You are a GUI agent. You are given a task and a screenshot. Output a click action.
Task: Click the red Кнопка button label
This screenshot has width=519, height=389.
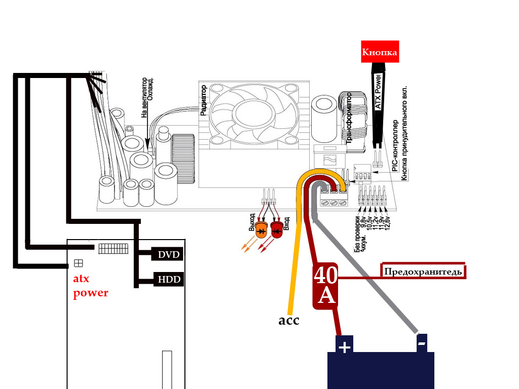point(379,52)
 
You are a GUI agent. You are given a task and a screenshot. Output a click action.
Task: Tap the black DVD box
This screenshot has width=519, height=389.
point(168,254)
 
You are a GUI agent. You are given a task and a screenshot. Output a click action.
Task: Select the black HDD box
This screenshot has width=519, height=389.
point(168,279)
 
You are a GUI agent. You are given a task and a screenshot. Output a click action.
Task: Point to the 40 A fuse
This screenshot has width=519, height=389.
point(325,286)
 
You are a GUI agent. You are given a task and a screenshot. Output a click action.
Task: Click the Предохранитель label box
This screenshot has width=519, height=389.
point(423,271)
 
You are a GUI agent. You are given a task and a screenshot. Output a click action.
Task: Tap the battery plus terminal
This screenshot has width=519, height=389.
point(344,347)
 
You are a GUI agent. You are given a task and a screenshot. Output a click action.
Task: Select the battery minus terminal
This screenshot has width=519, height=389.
point(422,344)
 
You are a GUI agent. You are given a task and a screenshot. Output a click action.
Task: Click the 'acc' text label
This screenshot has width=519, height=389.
point(289,320)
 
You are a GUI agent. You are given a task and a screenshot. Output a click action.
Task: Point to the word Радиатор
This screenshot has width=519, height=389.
point(204,100)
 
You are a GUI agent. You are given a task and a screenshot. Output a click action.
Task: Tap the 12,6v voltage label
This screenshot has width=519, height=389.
point(387,222)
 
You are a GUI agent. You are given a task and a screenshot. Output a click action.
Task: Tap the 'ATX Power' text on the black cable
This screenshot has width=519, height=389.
point(377,88)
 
